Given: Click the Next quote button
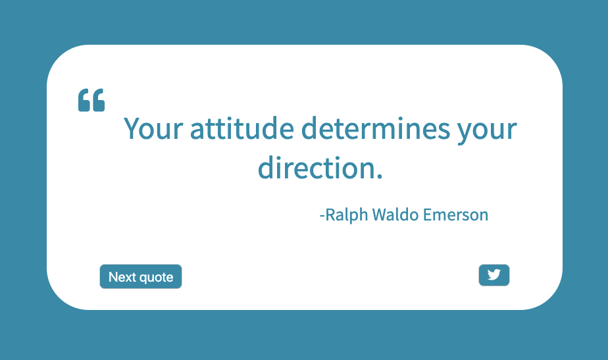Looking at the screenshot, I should click(140, 277).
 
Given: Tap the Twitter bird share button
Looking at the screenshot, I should click(494, 275).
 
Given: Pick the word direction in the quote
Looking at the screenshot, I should click(317, 168).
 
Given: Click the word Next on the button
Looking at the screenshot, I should click(122, 277).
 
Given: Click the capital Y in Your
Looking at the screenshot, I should click(132, 128).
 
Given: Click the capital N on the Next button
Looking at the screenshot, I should click(113, 277).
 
